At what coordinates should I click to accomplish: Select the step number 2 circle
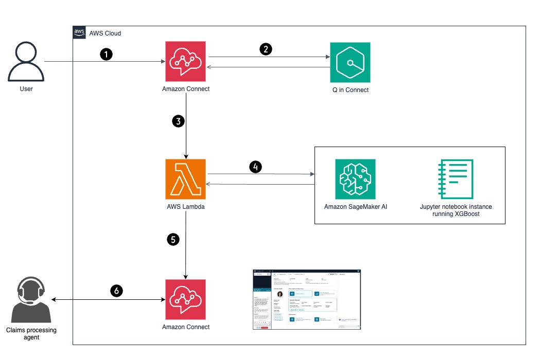[266, 49]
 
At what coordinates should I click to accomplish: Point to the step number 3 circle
[178, 122]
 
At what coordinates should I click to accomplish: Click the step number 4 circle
[255, 167]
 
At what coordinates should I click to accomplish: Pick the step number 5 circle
[174, 239]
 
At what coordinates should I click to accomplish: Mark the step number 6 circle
[117, 291]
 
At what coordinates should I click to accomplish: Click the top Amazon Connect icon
[185, 61]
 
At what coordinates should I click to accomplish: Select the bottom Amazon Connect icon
[185, 299]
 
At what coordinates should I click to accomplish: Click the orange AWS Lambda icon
[185, 179]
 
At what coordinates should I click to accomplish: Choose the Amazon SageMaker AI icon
[355, 179]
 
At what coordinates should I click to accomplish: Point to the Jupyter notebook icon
[456, 179]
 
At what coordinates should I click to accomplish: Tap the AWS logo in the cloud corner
[79, 33]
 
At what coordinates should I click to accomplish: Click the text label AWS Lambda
[185, 207]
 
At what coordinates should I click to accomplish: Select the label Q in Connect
[350, 90]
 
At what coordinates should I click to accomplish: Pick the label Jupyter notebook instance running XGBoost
[456, 210]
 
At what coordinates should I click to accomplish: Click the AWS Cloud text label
[106, 33]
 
